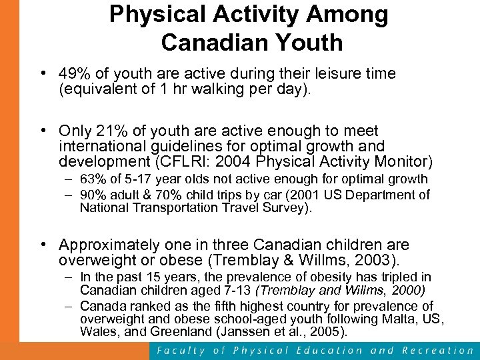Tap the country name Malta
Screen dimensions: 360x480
[392, 319]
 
